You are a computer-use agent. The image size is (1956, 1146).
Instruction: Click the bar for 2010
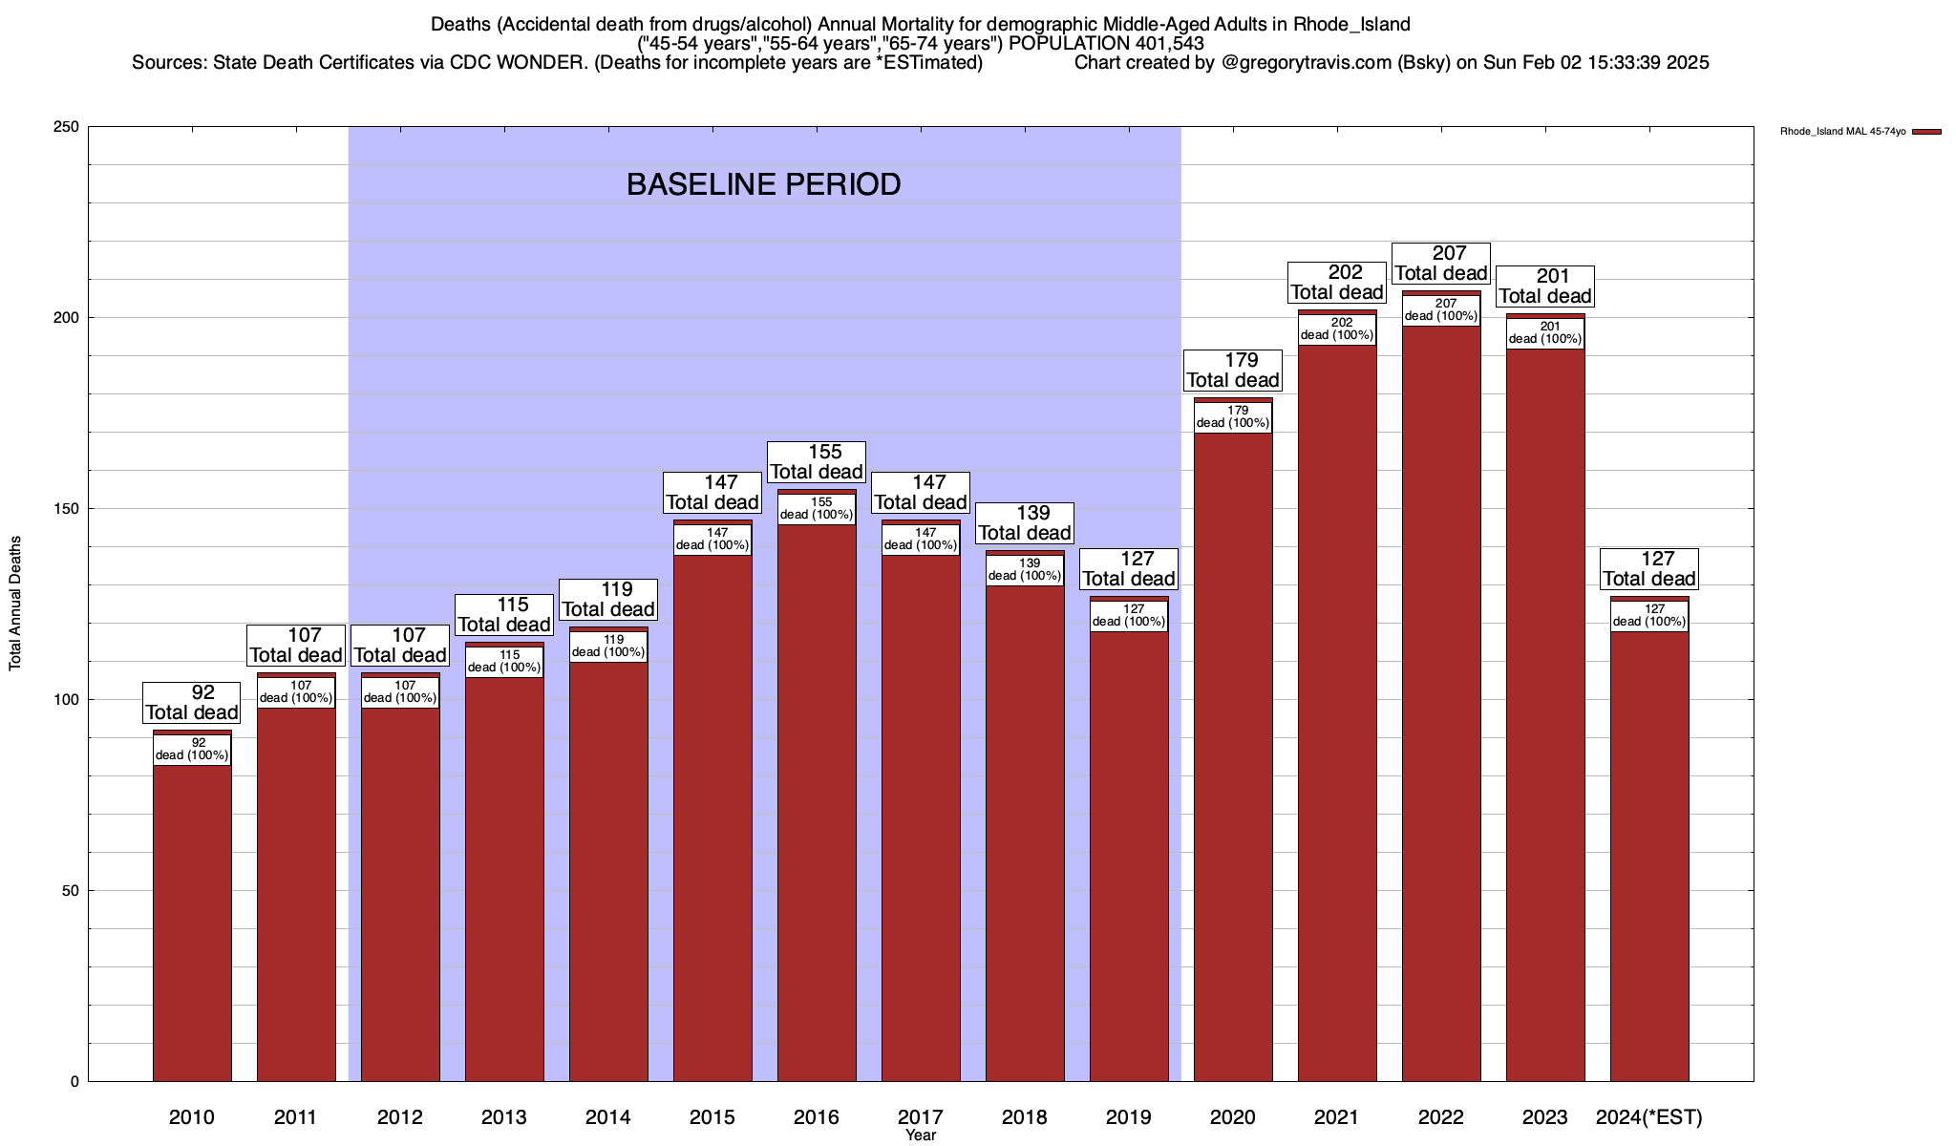coord(192,917)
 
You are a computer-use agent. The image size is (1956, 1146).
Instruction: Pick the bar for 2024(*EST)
coord(1649,859)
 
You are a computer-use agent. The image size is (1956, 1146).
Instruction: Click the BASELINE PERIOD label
coord(763,184)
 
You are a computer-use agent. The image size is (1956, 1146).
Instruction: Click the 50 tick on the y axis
coord(71,891)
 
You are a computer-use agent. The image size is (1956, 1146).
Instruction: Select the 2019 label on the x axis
coord(1129,1116)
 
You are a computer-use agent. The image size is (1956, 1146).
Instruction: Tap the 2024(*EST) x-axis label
coord(1649,1116)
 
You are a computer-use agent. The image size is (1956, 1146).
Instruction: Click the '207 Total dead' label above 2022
coord(1441,264)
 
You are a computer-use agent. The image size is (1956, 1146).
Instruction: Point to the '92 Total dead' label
coord(192,703)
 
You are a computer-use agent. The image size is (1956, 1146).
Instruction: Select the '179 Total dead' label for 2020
coord(1233,371)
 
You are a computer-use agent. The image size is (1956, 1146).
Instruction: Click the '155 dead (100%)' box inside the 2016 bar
coord(817,508)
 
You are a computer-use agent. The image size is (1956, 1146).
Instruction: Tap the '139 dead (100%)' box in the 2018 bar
coord(1025,569)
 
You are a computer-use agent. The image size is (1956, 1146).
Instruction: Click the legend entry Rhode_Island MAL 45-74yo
coord(1860,132)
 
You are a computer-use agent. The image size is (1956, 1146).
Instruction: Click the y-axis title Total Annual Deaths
coord(15,603)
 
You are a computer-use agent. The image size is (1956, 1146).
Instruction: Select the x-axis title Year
coord(921,1135)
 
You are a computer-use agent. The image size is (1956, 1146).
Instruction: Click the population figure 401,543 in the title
coord(1169,43)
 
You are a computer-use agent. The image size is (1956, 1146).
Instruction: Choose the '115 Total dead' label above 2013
coord(504,615)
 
